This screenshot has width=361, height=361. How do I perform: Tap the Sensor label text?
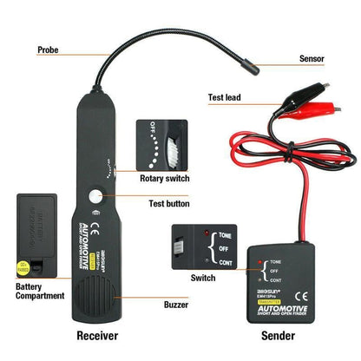click(x=312, y=59)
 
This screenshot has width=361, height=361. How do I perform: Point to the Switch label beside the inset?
click(x=203, y=278)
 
